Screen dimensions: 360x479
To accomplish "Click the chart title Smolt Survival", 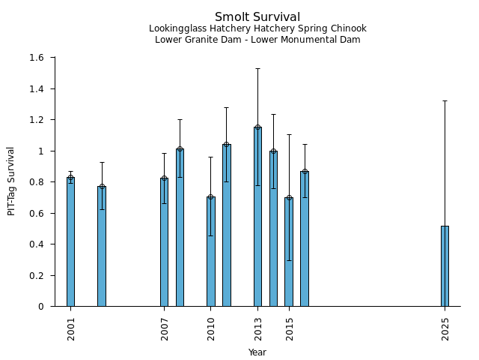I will point(257,17).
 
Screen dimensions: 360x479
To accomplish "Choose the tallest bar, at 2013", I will point(257,217).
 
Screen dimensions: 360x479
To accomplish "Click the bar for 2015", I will point(289,251).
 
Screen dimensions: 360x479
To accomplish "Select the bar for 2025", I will point(445,266).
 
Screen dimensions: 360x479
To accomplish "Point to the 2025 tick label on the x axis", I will point(445,328).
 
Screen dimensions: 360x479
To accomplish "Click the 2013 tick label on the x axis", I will point(258,328).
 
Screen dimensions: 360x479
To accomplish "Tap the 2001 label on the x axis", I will point(71,328).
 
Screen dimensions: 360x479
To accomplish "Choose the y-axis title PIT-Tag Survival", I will point(11,181).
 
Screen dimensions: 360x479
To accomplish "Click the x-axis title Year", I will point(257,352).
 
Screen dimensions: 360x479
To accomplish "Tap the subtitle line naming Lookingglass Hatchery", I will point(257,29).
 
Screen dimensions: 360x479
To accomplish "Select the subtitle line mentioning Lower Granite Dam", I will point(257,40).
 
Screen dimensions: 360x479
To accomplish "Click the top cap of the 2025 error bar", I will point(445,100).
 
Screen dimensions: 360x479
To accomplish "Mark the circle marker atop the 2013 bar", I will point(257,127).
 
